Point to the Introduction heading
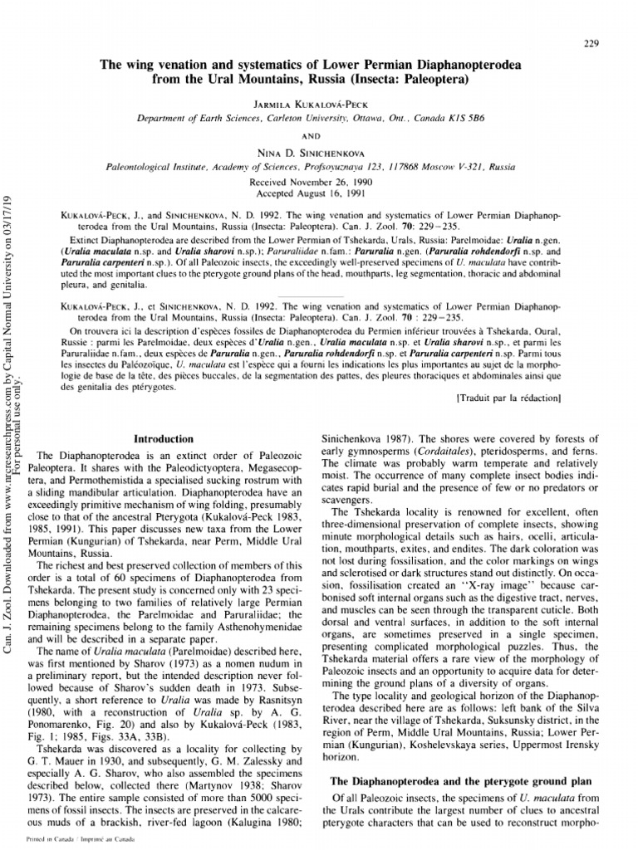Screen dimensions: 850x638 [164, 438]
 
